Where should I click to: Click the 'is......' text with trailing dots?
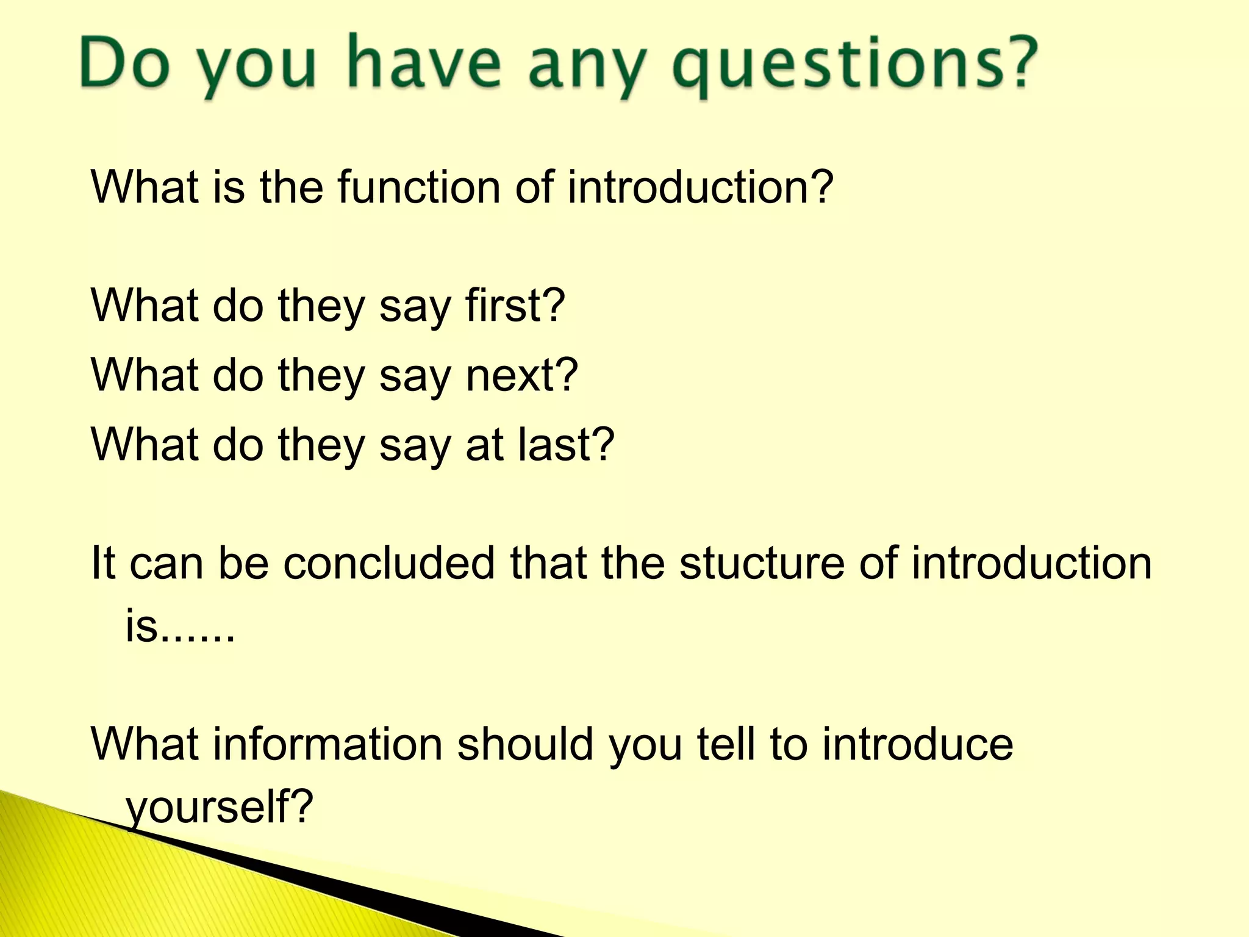click(x=180, y=626)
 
